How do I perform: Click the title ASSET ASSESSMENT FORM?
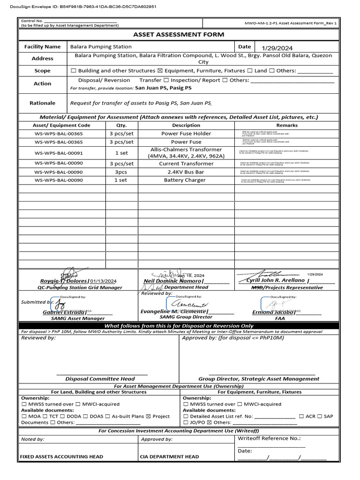pos(179,34)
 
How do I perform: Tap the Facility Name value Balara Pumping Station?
pos(101,46)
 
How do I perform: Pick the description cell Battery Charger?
pos(186,180)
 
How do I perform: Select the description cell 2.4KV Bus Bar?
pos(186,172)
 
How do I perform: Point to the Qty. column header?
pos(121,125)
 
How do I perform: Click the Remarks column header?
pos(287,125)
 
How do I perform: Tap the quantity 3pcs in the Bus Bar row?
pos(121,172)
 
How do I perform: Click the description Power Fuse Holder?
pos(186,134)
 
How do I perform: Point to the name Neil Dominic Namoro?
pos(172,281)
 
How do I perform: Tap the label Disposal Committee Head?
pos(100,379)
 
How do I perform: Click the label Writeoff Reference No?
pos(269,439)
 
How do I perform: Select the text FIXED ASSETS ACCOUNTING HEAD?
pos(61,457)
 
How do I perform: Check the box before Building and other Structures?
pos(73,71)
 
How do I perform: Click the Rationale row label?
pos(42,103)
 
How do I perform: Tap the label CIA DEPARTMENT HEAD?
pos(169,457)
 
